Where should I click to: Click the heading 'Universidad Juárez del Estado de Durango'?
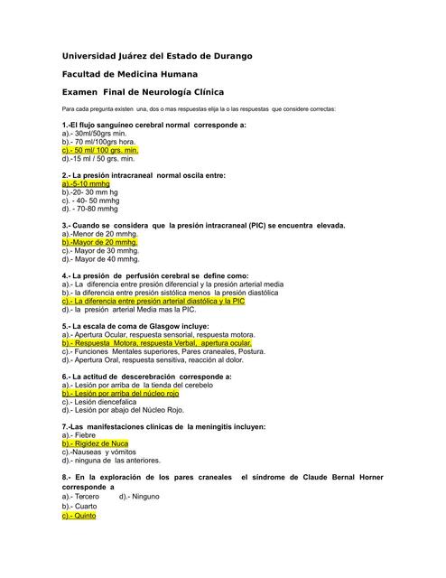pos(157,56)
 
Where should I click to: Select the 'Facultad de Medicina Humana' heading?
pos(130,74)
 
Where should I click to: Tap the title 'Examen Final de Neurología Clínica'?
pos(143,92)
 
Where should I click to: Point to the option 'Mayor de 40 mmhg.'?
pos(100,258)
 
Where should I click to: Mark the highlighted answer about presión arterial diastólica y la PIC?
pos(153,301)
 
